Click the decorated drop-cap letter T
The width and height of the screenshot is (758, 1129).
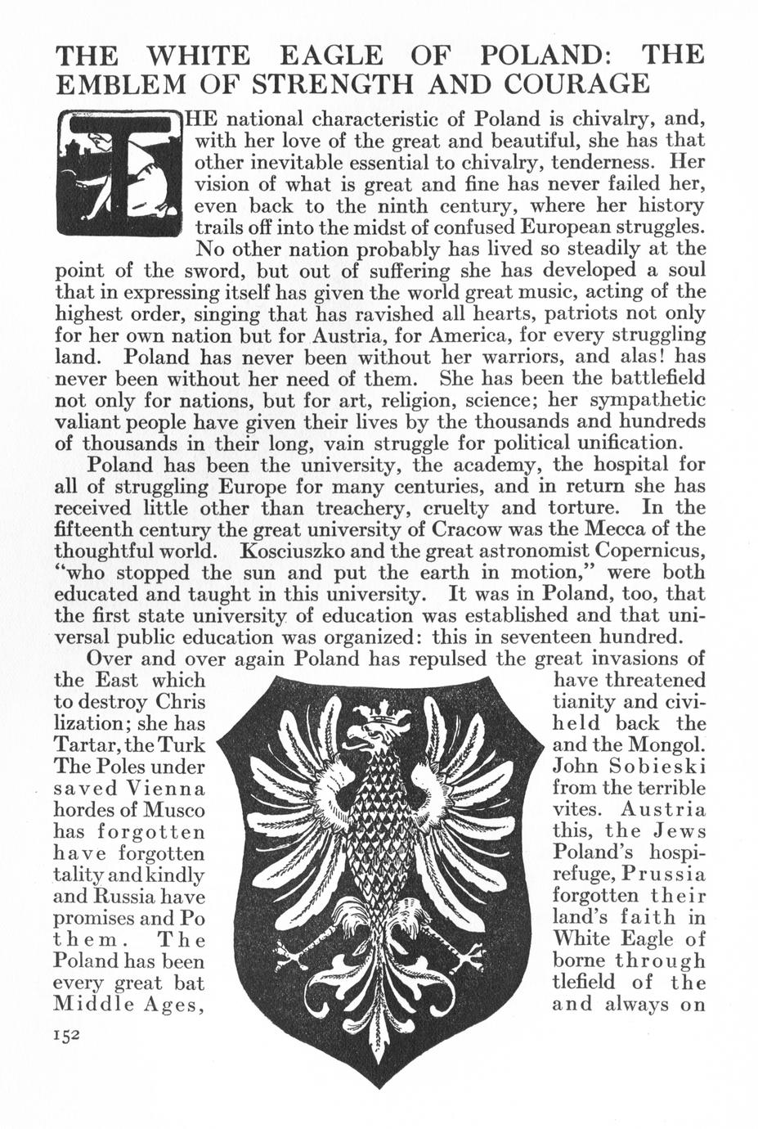click(121, 173)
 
